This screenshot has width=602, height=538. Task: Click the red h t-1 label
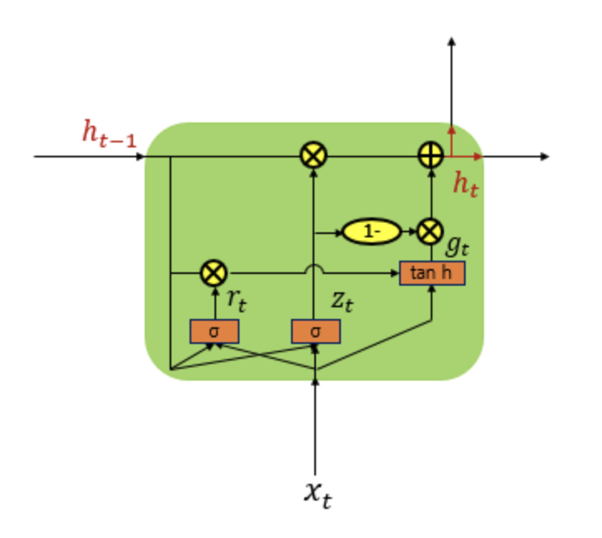coord(109,134)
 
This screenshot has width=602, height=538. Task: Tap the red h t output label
coord(466,185)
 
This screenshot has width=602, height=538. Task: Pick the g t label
coord(458,244)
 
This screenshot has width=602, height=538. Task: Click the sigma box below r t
coord(215,331)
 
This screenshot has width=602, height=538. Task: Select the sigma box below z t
coord(315,331)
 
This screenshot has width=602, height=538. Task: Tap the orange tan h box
coord(432,272)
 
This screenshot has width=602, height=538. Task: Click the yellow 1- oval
coord(370,232)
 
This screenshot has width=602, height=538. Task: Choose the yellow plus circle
coord(430,156)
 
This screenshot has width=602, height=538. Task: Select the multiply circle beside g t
coord(430,232)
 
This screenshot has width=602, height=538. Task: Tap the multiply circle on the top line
coord(313,156)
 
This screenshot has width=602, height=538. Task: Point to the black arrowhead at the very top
coord(451,43)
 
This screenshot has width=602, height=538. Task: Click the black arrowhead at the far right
coord(544,156)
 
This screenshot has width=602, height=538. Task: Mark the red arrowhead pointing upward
coord(451,130)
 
